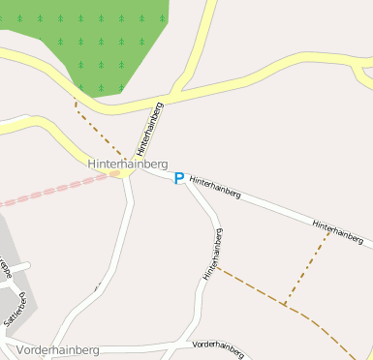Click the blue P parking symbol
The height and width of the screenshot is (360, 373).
(x=178, y=178)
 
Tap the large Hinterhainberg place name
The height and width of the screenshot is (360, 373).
(x=128, y=165)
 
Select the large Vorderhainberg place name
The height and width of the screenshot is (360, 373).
(x=58, y=349)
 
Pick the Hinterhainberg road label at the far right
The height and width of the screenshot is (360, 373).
(x=342, y=231)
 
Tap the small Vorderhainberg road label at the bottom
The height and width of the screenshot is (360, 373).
(x=217, y=345)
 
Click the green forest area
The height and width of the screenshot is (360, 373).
(x=107, y=39)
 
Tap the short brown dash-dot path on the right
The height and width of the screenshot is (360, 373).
(x=307, y=268)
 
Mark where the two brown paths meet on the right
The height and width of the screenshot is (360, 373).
(x=285, y=306)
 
